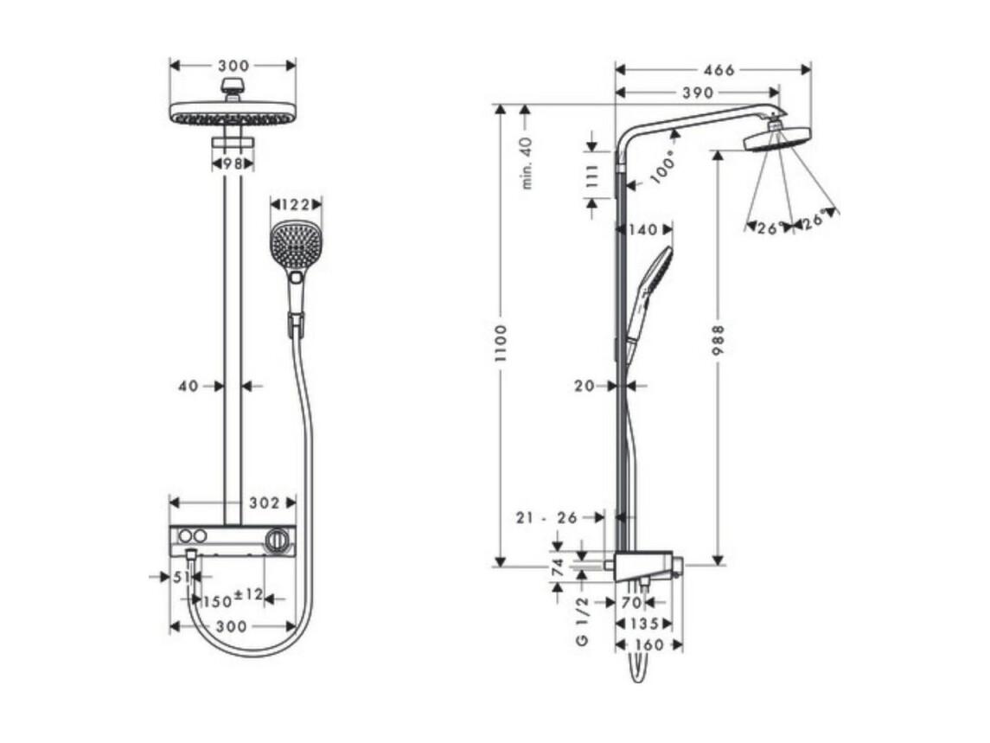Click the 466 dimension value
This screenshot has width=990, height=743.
[719, 69]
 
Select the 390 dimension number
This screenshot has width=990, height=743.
[698, 93]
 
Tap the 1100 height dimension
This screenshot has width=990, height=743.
[501, 343]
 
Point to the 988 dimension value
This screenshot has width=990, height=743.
[718, 340]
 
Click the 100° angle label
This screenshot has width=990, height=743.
[662, 167]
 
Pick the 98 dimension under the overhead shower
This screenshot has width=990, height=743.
[233, 163]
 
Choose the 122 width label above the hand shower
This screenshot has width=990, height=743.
[296, 205]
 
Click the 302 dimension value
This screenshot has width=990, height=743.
[264, 503]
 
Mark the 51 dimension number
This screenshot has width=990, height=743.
[182, 576]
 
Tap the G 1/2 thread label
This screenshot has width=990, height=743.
[582, 621]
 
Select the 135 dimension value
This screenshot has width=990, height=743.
[644, 625]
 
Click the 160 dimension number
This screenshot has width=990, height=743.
[648, 645]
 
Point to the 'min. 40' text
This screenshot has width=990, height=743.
[527, 163]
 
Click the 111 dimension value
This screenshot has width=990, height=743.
[591, 177]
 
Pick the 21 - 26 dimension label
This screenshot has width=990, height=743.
[546, 518]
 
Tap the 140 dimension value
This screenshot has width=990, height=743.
[643, 229]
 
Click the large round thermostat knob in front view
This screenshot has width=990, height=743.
[278, 541]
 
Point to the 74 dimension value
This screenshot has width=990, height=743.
[558, 567]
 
